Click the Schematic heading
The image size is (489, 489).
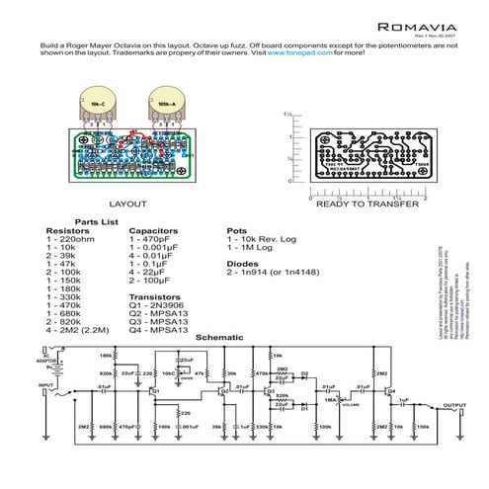(x=219, y=338)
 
